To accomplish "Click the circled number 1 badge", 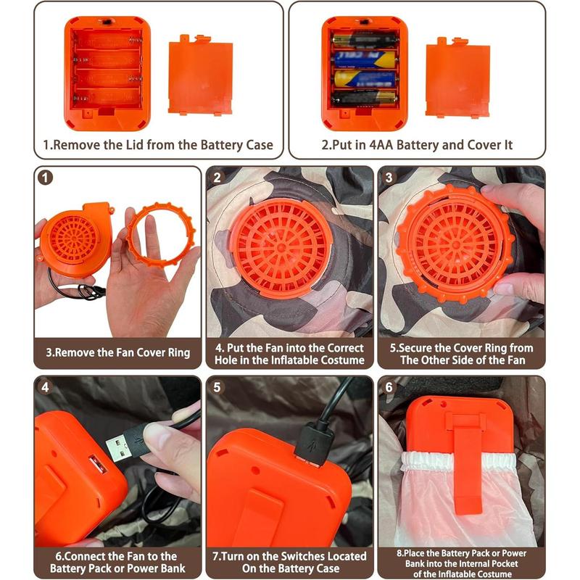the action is [45, 178].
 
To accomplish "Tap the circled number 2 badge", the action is [217, 178].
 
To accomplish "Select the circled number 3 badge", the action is [389, 178].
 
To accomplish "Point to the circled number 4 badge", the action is [45, 387].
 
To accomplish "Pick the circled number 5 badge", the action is [217, 387].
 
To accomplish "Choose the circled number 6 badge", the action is [389, 387].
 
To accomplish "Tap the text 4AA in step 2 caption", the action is [381, 144].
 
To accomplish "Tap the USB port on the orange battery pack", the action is [98, 464].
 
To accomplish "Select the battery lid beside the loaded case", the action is [457, 78].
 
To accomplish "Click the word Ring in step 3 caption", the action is [178, 352].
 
